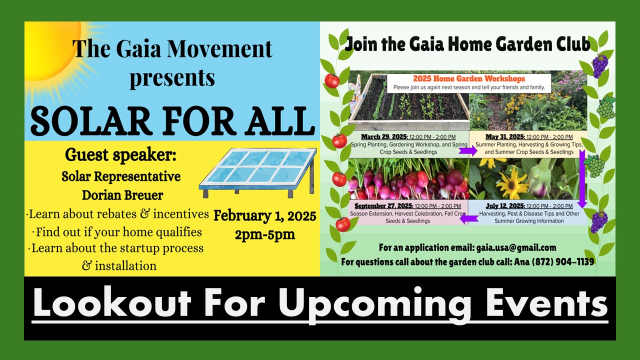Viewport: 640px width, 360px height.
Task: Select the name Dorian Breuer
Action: [x=122, y=195]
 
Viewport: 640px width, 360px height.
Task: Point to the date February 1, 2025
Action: [x=265, y=215]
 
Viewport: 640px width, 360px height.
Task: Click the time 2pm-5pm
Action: [x=265, y=234]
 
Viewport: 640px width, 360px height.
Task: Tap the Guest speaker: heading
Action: [x=120, y=154]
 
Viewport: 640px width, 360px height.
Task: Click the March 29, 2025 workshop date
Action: [x=384, y=137]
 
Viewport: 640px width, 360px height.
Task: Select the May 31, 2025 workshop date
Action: [x=505, y=137]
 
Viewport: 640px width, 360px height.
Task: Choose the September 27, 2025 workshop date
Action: [x=383, y=206]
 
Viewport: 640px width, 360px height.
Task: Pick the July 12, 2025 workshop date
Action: [x=505, y=206]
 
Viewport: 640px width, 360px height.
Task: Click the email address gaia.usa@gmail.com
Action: [x=516, y=247]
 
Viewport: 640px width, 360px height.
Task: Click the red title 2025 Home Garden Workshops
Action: [x=469, y=78]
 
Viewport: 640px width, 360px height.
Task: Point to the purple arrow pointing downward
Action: [x=582, y=178]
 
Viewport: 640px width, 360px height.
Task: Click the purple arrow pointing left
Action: [x=469, y=219]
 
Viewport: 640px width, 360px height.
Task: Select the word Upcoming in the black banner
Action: [x=375, y=304]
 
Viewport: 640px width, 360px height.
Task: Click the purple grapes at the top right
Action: [x=599, y=65]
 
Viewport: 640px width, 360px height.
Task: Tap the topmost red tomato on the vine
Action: [x=331, y=81]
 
